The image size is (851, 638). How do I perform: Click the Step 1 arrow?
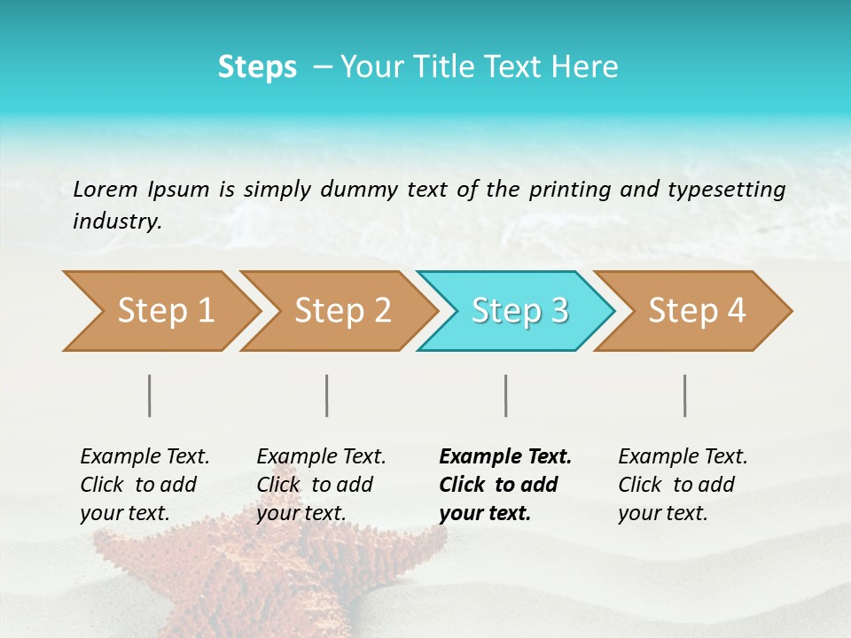tap(165, 311)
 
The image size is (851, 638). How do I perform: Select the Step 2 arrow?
tap(342, 311)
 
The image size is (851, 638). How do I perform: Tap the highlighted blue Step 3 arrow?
tap(519, 311)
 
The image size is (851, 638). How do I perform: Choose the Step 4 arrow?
tap(697, 311)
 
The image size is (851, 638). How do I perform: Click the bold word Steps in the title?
tap(257, 67)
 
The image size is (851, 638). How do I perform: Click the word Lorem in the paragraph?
tap(105, 189)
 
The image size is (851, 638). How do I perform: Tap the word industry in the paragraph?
tap(117, 221)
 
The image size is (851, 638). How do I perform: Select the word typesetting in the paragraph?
tap(726, 189)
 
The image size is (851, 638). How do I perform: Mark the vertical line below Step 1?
tap(150, 395)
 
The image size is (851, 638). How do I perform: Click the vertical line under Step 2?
tap(327, 395)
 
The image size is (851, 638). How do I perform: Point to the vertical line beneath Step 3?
tap(506, 395)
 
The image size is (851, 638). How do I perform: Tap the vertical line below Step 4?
tap(685, 395)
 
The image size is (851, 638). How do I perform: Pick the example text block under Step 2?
tap(320, 485)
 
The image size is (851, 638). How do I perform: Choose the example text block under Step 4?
tap(682, 485)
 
